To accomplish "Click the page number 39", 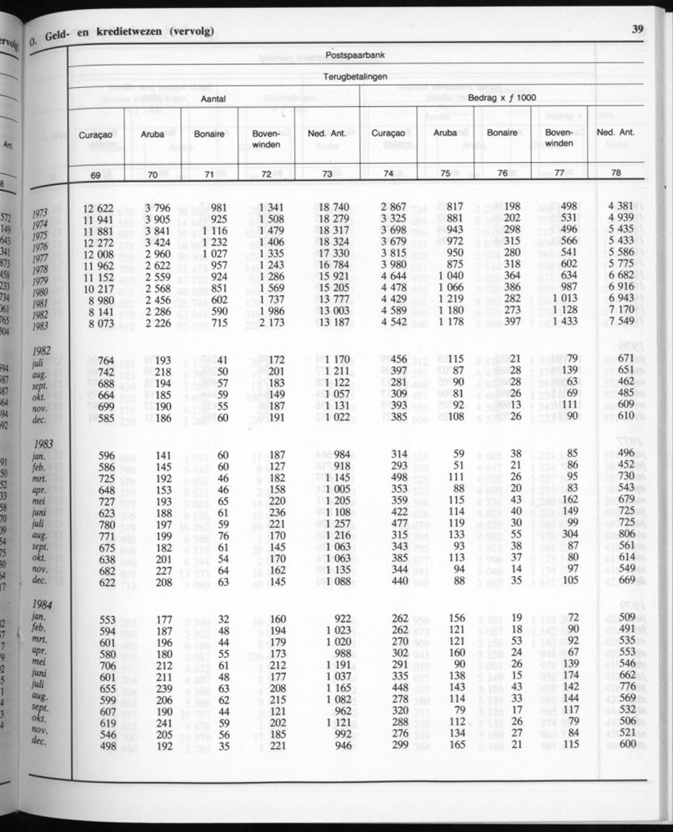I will click(637, 30).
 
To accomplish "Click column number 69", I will click(98, 173).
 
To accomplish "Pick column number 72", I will click(266, 173).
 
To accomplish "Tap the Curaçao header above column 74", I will click(388, 134).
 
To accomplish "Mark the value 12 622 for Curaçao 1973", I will click(98, 208).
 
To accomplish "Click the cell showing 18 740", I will click(327, 207).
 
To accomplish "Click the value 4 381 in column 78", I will click(623, 207).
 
